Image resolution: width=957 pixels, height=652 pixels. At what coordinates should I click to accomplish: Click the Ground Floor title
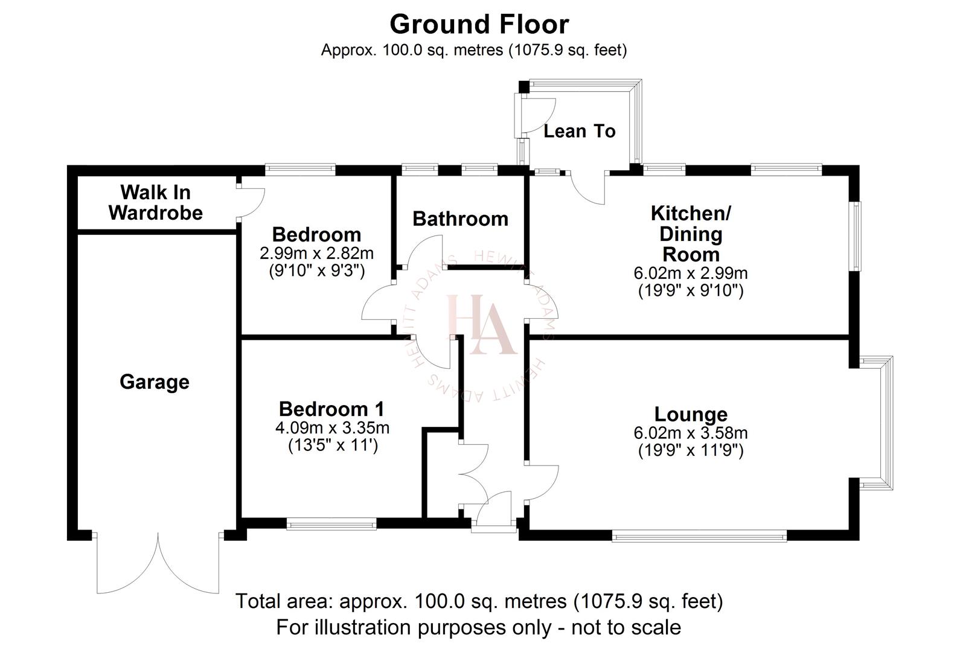point(479,24)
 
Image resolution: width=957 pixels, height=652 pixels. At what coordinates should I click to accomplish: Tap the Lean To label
point(579,131)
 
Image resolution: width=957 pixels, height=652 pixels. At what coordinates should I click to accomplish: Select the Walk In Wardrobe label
point(156,202)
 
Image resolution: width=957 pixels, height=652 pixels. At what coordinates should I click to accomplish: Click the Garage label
point(155,382)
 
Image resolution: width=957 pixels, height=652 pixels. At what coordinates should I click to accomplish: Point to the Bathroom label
point(460,219)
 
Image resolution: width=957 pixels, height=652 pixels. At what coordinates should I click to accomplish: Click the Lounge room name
point(691,414)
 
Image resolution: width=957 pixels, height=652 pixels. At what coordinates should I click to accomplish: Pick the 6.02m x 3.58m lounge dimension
point(691,433)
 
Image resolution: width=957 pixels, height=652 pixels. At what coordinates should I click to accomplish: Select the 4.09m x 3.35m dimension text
point(332,428)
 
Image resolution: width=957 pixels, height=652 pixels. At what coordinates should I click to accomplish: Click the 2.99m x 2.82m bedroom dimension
point(316,253)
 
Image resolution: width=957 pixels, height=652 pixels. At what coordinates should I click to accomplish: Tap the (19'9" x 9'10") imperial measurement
point(691,291)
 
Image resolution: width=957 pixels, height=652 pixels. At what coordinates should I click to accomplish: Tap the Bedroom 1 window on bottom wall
point(331,524)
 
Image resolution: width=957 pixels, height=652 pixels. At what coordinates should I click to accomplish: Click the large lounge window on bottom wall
point(699,535)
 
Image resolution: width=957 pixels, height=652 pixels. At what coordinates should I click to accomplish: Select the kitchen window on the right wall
point(856,235)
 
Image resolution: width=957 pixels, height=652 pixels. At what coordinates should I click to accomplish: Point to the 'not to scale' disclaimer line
point(478,627)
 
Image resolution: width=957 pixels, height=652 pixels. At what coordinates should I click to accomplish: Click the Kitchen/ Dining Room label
point(691,234)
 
